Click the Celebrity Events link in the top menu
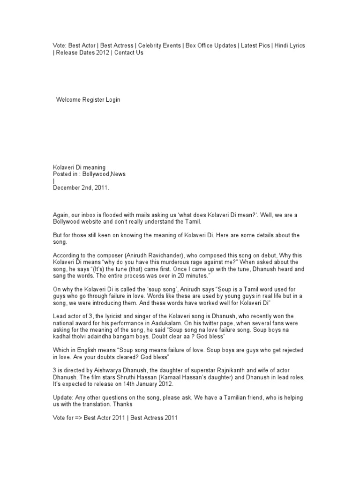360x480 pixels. click(159, 46)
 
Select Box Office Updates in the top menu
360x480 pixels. click(210, 46)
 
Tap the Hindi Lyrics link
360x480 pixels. click(290, 46)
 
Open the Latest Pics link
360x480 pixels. click(255, 46)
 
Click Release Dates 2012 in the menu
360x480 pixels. click(82, 53)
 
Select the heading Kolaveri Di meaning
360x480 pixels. click(79, 167)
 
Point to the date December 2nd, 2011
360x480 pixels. click(81, 187)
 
